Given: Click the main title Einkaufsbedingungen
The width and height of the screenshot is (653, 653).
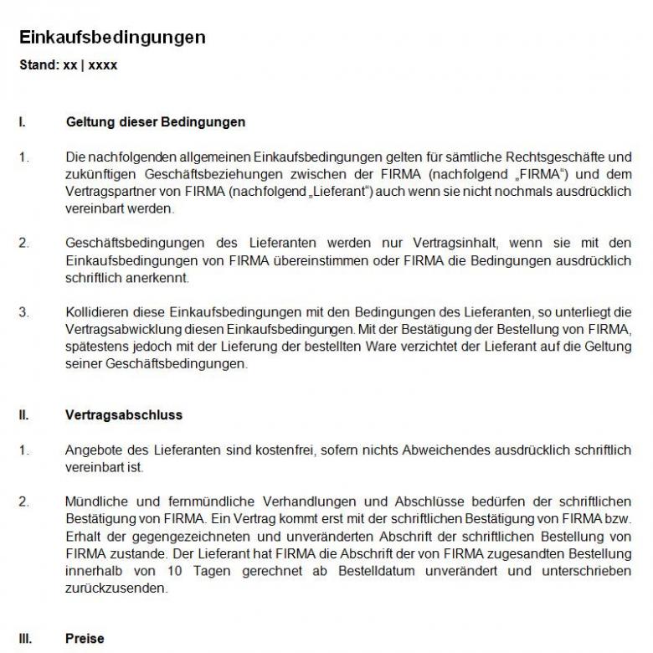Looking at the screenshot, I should coord(112,38).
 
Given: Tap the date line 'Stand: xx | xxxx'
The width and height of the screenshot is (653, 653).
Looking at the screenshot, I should coord(68,65).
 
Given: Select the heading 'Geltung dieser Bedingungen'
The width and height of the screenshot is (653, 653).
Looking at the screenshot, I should coord(155,122).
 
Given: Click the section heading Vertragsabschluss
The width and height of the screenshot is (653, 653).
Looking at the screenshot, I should coord(124,415).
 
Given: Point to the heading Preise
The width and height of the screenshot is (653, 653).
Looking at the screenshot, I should coord(85,639).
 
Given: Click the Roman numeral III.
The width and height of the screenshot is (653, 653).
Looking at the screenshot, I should coord(25,639).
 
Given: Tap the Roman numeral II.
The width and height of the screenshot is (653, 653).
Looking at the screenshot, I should coord(23,415).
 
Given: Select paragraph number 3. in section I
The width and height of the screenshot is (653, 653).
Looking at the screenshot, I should coord(23,312).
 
